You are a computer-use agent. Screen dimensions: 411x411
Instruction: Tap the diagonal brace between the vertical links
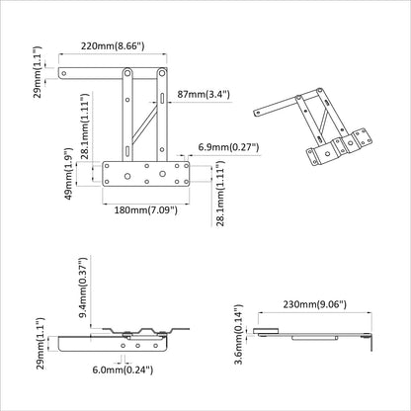[143, 123]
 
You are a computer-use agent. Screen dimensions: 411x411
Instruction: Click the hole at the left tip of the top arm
[65, 72]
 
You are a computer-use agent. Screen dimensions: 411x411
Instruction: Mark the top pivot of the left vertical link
[128, 73]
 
